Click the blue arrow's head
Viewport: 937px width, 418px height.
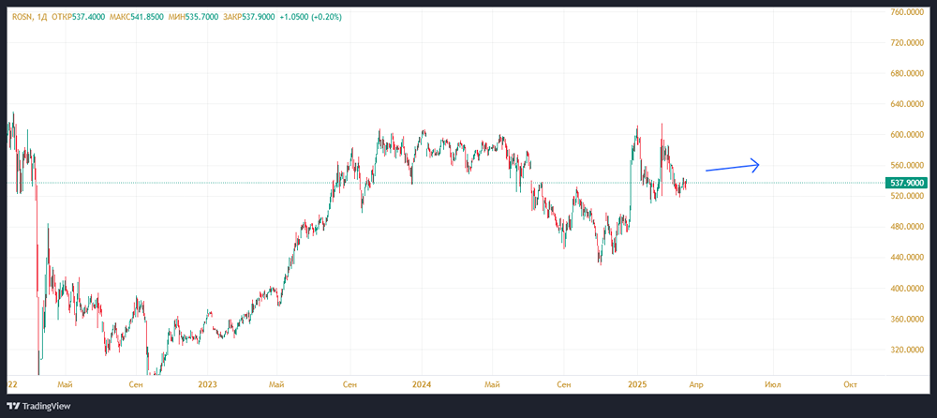756,165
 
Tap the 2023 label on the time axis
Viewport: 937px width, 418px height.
208,384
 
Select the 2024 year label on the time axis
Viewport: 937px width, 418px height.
422,384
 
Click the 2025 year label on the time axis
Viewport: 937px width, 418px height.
637,384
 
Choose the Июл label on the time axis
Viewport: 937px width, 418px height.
773,384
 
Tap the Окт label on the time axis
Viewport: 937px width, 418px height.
850,384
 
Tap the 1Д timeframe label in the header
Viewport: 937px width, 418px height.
44,16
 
